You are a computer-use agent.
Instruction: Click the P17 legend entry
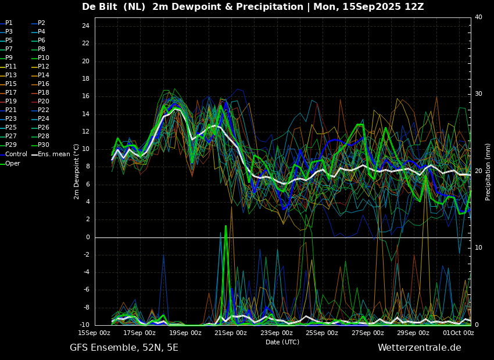coord(9,92)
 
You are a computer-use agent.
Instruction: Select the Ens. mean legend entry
coord(51,154)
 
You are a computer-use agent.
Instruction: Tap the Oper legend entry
coord(10,163)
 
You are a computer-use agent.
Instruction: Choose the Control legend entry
coord(13,154)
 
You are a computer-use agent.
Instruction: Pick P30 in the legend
coord(41,145)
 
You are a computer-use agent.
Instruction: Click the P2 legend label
coord(39,23)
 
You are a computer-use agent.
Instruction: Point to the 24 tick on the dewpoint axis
coord(85,26)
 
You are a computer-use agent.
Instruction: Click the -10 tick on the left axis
coord(84,325)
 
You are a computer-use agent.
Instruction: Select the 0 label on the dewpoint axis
coord(88,237)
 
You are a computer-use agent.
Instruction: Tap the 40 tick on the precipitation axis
coord(478,17)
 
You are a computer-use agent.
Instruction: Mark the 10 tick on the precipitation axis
coord(478,248)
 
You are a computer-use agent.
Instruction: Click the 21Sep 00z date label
coord(231,333)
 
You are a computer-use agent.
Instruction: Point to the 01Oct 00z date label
coord(459,333)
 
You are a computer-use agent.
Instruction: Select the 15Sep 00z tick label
coord(94,333)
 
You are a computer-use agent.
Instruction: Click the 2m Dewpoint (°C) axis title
coord(76,172)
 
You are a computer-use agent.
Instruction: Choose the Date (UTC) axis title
coord(282,342)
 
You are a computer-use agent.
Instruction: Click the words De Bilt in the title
coord(99,6)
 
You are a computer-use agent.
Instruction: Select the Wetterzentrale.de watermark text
coord(420,348)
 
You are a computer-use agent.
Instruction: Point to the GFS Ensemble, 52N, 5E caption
coord(124,348)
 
